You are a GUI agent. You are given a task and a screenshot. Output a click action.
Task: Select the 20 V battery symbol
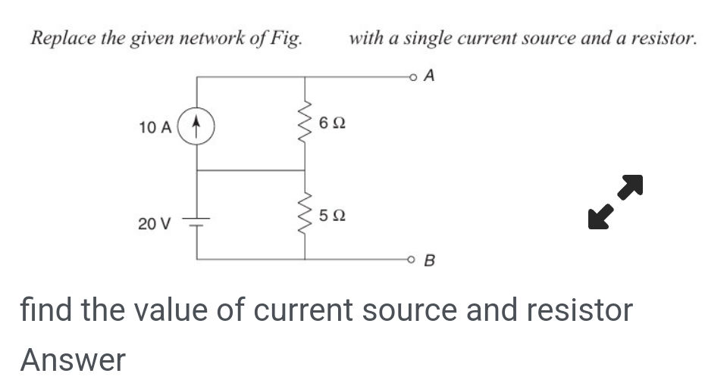click(197, 222)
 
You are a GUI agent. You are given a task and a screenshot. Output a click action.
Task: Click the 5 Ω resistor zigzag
click(305, 216)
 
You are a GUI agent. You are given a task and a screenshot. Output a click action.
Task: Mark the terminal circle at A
click(413, 76)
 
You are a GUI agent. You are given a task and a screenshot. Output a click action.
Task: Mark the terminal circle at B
click(413, 260)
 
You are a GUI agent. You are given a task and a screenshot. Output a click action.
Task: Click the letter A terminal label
click(431, 76)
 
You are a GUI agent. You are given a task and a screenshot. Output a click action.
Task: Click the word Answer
click(73, 359)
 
